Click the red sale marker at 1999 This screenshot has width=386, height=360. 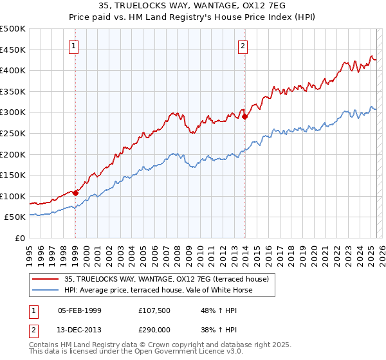tap(75, 192)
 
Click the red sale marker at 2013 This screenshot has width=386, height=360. tap(244, 116)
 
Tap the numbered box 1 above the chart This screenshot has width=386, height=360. tap(75, 46)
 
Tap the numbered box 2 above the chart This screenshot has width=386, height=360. tap(243, 46)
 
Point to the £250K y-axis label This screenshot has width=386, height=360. tap(13, 133)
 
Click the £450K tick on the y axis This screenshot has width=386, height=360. tap(13, 50)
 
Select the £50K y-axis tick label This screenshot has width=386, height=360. tap(15, 217)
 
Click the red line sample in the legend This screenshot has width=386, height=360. tap(45, 279)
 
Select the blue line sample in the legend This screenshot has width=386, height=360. tap(45, 290)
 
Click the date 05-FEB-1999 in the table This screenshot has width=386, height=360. tap(80, 311)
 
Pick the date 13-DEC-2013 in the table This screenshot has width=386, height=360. tap(80, 329)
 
